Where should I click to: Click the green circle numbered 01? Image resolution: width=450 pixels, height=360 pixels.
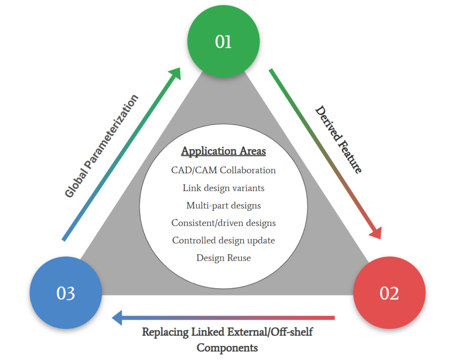tap(223, 41)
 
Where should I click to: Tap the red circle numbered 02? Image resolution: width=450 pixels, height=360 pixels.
tap(389, 293)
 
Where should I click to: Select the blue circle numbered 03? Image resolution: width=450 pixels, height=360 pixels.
tap(66, 293)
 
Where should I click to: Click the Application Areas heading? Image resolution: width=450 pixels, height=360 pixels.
tap(224, 151)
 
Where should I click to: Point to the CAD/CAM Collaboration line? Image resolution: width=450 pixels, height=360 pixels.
tap(224, 170)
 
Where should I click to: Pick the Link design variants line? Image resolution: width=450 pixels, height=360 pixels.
tap(224, 188)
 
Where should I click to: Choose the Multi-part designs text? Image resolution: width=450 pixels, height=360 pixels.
tap(224, 205)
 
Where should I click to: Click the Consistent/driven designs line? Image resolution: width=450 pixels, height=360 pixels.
tap(224, 223)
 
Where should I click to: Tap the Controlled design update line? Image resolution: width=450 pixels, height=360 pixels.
tap(224, 240)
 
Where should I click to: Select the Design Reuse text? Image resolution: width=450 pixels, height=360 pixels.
tap(224, 258)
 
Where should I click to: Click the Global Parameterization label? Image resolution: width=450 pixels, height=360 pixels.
tap(102, 146)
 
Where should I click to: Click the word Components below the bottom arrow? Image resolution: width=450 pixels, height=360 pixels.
tap(227, 348)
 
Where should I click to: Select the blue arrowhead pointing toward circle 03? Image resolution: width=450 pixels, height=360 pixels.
tap(117, 317)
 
